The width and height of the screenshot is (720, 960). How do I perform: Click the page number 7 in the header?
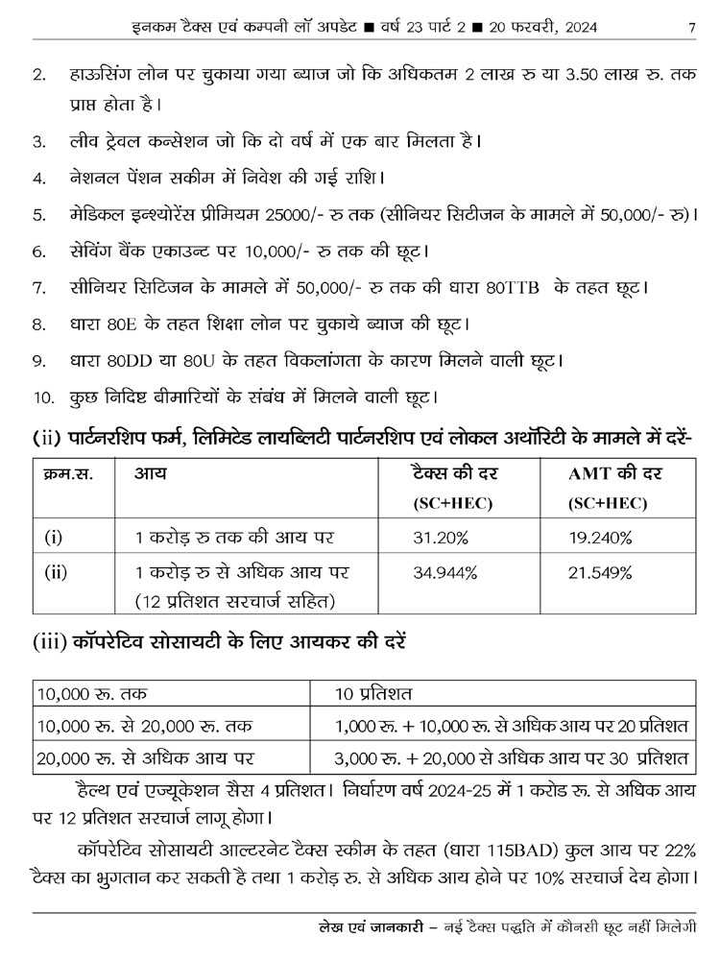[691, 27]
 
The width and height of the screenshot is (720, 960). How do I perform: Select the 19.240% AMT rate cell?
[600, 537]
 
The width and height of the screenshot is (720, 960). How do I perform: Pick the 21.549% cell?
[600, 573]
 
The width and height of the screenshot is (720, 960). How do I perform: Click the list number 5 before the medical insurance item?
[38, 215]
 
